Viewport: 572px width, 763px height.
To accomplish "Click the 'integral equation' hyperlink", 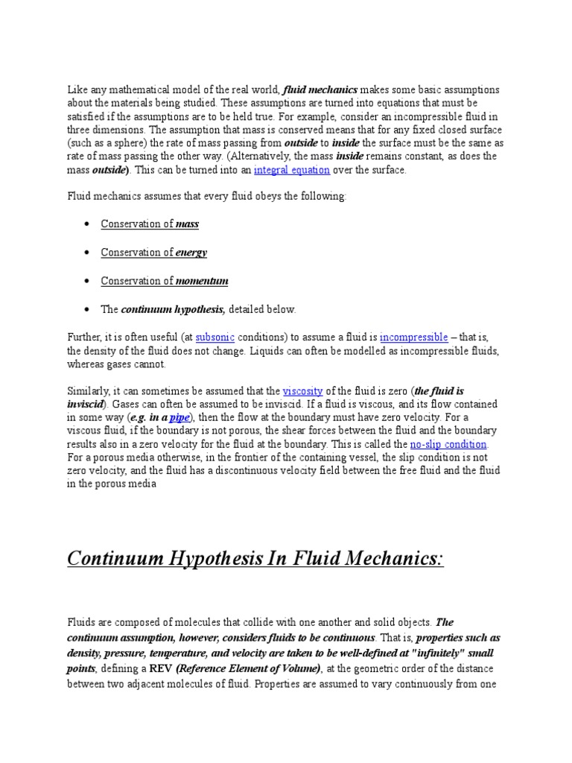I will pos(291,170).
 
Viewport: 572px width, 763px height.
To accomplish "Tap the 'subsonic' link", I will pos(215,337).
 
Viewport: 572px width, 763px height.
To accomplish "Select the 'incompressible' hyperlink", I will pos(413,337).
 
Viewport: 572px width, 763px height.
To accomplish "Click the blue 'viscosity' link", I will pos(301,390).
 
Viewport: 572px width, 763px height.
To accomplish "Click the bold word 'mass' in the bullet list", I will pos(187,224).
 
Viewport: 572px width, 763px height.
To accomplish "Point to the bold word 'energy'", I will pos(191,252).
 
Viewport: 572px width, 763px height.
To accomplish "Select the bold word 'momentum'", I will pos(202,280).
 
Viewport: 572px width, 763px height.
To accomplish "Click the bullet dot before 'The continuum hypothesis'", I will pos(88,308).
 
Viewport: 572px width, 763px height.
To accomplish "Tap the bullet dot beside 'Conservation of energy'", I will pos(88,253).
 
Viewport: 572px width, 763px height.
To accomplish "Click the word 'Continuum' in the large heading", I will pos(120,557).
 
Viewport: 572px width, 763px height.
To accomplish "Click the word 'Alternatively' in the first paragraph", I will pos(293,156).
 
